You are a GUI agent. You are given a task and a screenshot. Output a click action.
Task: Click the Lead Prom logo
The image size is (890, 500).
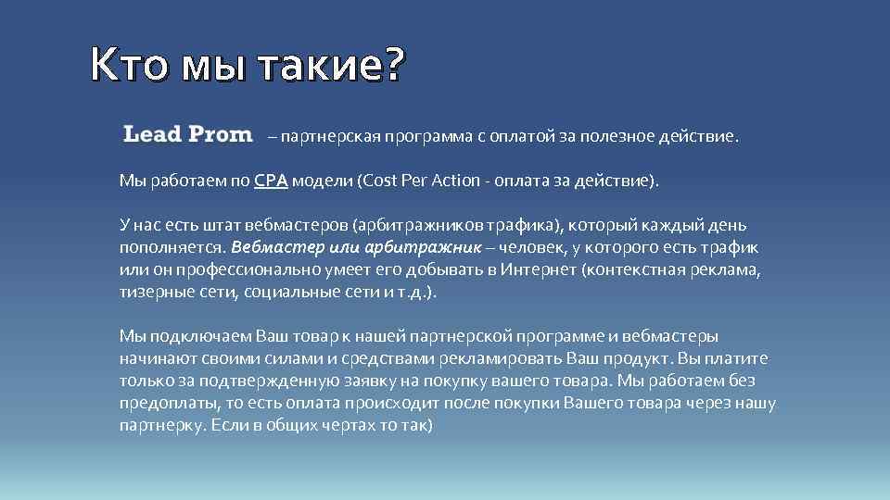coord(187,134)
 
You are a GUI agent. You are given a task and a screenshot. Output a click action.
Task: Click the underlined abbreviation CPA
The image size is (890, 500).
coord(271,181)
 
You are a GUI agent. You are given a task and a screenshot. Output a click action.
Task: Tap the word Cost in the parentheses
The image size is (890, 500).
coord(381,181)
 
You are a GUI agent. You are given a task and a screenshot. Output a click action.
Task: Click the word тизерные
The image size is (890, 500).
coord(151,292)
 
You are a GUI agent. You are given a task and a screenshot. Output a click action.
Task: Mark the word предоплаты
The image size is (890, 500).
coord(162,403)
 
